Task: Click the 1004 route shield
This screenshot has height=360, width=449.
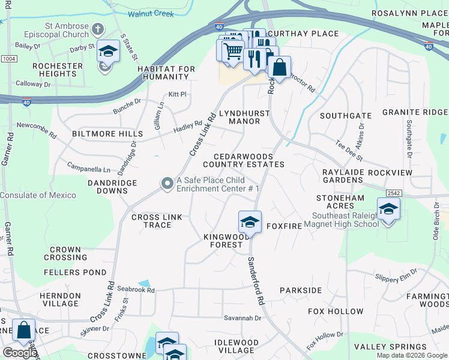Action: [x=8, y=59]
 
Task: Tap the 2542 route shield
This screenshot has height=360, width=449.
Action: [x=394, y=193]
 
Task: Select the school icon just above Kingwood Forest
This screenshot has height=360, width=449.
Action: [x=249, y=222]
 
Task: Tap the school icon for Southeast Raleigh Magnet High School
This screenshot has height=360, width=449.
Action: [x=388, y=209]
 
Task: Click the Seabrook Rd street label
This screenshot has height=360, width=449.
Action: [x=136, y=290]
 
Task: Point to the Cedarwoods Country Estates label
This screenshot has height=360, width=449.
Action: [x=243, y=160]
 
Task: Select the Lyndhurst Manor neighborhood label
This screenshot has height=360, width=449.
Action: [x=244, y=117]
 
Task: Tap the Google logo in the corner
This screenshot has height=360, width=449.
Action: [x=19, y=353]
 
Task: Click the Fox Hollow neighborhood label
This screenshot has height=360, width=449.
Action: [x=336, y=311]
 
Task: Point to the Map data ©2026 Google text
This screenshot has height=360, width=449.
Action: [x=411, y=355]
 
